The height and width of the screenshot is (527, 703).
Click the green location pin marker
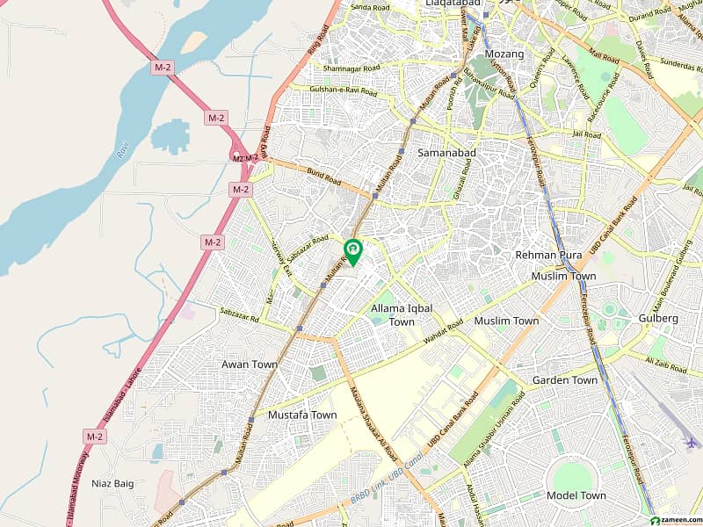point(352,251)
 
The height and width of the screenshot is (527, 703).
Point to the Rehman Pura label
point(548,255)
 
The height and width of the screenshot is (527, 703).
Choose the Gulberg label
point(660,318)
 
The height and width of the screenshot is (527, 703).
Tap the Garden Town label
point(565,380)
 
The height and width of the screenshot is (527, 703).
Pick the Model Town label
point(576,495)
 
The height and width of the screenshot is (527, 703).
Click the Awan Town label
point(250,365)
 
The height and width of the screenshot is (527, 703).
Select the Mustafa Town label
point(302,415)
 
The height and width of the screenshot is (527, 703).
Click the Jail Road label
point(586,135)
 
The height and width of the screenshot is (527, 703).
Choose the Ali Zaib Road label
point(666,365)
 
